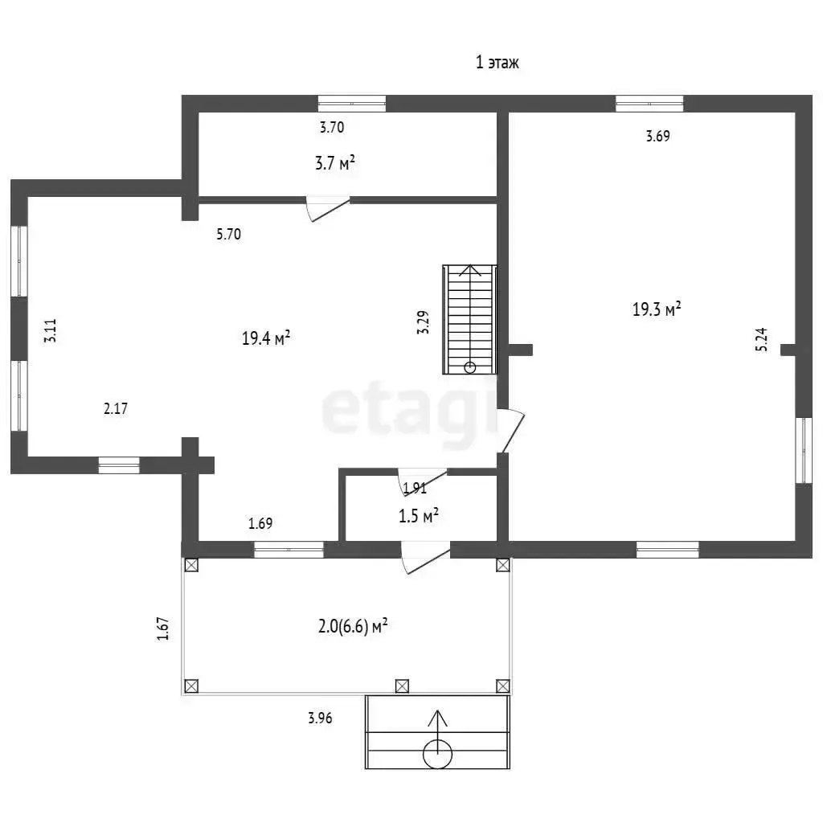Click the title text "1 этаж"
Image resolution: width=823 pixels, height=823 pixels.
click(x=497, y=63)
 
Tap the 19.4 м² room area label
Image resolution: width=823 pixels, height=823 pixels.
click(x=266, y=338)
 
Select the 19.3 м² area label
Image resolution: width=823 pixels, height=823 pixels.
click(x=657, y=309)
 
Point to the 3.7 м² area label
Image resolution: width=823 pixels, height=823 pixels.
click(x=335, y=162)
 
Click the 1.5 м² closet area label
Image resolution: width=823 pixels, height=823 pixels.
click(x=418, y=516)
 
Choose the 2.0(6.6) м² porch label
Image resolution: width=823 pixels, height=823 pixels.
click(x=353, y=626)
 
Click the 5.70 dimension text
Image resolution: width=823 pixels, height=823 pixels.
click(x=229, y=234)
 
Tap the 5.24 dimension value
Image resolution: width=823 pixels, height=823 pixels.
click(x=762, y=339)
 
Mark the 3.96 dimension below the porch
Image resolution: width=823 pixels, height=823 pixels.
click(x=320, y=718)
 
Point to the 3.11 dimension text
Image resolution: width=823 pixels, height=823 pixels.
click(x=51, y=330)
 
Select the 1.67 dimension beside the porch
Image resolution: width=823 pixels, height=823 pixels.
click(x=163, y=629)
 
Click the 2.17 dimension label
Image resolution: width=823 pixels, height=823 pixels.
click(x=116, y=408)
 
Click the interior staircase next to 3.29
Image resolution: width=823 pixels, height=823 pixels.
click(x=469, y=320)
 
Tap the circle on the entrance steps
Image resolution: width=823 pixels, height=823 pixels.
click(x=437, y=754)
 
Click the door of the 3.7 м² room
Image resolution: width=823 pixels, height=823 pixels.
click(x=329, y=209)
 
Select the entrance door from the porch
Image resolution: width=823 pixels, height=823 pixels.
click(x=426, y=558)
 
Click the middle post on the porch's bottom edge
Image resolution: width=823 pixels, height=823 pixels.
click(x=402, y=686)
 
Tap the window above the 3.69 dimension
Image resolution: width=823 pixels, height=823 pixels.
click(x=649, y=104)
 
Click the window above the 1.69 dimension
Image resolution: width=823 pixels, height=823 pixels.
click(x=289, y=550)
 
